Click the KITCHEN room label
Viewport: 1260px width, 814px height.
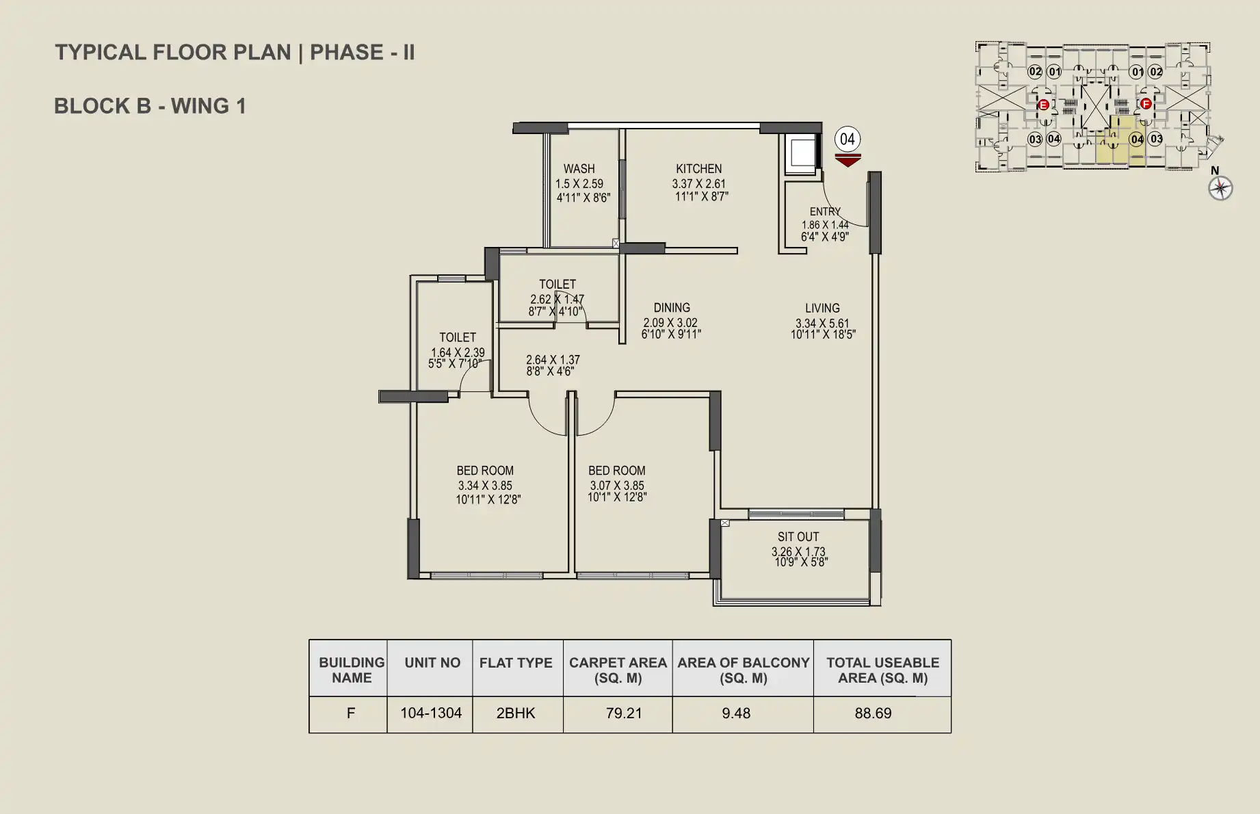698,169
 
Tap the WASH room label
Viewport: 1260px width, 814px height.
579,169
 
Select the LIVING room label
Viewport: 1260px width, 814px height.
822,308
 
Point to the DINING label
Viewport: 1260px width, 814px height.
671,308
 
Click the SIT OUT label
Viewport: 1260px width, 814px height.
798,537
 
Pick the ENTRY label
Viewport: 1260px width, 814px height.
825,212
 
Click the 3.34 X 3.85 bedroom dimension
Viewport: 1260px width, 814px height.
485,486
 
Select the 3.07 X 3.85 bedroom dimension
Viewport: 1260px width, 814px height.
617,486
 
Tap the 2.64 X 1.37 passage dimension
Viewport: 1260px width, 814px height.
553,360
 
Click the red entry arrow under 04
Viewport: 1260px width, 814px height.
848,161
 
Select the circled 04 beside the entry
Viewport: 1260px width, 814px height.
848,140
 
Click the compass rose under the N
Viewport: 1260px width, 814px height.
1220,188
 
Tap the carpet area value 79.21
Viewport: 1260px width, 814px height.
624,713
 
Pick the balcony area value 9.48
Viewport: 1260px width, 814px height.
736,713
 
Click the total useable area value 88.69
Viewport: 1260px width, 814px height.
873,713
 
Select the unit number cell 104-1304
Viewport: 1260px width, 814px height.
431,713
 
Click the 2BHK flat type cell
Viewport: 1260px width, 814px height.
516,713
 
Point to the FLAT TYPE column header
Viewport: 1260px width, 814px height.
516,663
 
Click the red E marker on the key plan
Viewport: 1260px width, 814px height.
1043,105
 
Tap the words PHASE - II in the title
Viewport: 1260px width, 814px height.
363,53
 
